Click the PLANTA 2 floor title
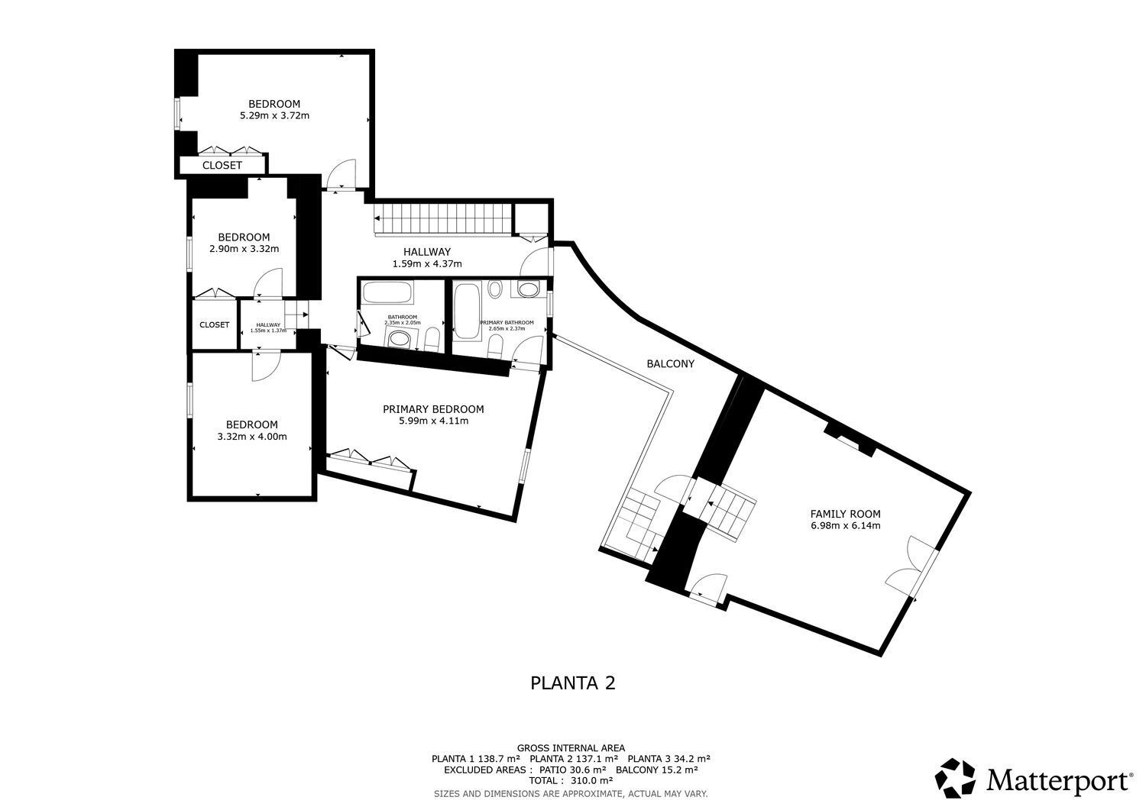click(572, 683)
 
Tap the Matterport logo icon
click(956, 779)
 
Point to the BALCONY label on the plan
click(670, 364)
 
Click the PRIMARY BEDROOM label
click(433, 409)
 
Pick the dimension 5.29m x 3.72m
click(274, 116)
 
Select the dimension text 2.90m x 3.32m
click(244, 249)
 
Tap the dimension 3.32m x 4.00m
click(251, 437)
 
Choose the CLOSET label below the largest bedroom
click(222, 166)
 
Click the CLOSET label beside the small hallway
click(214, 324)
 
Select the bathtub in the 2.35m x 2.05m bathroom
click(387, 293)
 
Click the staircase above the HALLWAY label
click(442, 220)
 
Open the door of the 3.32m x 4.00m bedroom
click(264, 366)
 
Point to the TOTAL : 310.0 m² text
click(571, 781)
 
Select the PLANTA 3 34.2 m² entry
click(668, 759)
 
